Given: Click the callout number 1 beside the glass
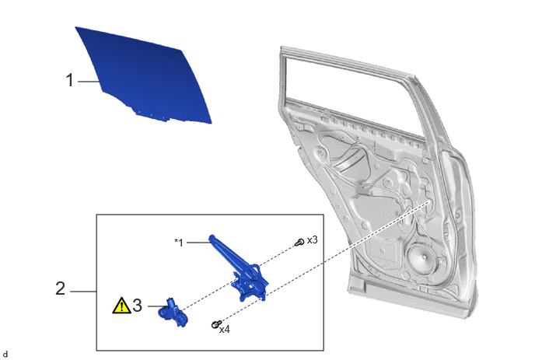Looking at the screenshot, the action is click(70, 80).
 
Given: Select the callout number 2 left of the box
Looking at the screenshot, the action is click(60, 288).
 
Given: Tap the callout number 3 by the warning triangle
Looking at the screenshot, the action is click(137, 306).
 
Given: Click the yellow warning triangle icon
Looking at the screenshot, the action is click(121, 306).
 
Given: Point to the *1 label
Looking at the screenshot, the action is click(179, 243).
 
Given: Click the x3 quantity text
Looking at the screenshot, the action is click(312, 240).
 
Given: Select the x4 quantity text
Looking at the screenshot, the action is click(225, 330).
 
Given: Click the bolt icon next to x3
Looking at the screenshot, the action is click(299, 243).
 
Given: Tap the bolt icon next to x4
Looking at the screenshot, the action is click(216, 324).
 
